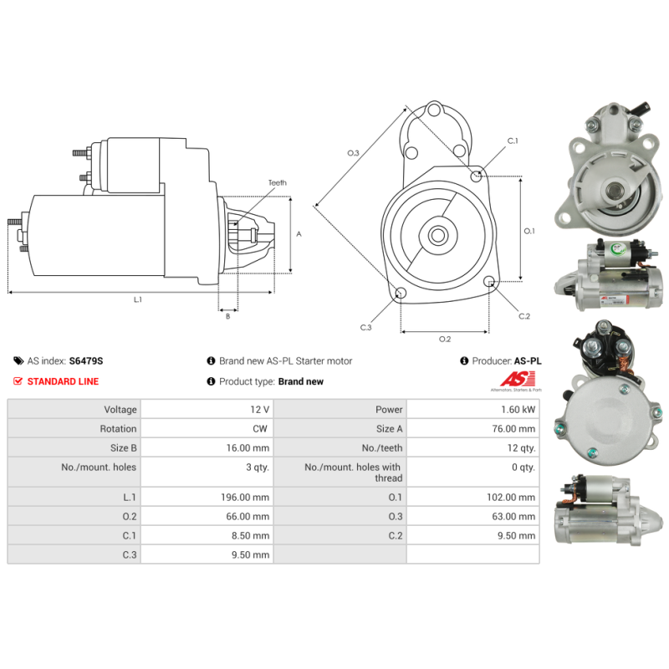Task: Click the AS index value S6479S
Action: (x=86, y=361)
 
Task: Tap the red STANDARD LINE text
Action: (x=63, y=381)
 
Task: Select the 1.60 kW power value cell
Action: (x=473, y=410)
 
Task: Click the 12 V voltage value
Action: (x=259, y=410)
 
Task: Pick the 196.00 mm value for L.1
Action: (x=245, y=497)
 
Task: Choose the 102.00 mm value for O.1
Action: (x=511, y=497)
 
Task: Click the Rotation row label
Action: (x=118, y=429)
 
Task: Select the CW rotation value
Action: (x=260, y=429)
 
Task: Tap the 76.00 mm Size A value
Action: (x=513, y=429)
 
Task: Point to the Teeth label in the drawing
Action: (x=278, y=182)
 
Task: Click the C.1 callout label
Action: (x=513, y=140)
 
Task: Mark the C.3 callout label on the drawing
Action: (x=365, y=327)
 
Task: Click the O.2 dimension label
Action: (x=445, y=339)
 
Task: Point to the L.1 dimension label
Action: (x=137, y=299)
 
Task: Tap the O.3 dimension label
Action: (x=353, y=153)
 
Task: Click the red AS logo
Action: (x=518, y=379)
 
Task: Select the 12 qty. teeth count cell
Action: (x=473, y=448)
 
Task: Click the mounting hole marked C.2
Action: (x=489, y=281)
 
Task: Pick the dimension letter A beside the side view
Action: (x=299, y=234)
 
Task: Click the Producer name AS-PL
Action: (x=528, y=361)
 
